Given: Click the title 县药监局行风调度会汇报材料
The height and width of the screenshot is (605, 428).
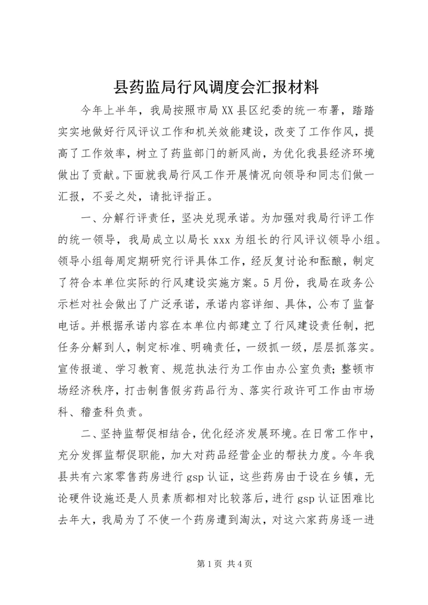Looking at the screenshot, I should (213, 86).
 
